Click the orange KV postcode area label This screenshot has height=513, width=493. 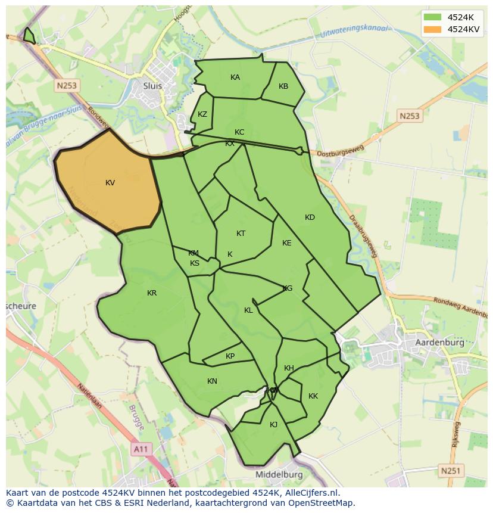110,183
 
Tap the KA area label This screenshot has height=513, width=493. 235,77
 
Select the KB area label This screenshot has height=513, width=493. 283,86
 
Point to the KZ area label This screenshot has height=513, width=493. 202,114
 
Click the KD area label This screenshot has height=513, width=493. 310,217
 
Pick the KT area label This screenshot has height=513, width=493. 241,234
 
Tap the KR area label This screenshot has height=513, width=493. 152,293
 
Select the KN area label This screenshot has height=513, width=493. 212,381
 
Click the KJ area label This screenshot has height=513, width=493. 273,425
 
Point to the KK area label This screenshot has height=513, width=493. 313,396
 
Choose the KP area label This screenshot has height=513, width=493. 230,356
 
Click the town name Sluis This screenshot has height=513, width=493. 152,86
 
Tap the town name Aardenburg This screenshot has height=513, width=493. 439,344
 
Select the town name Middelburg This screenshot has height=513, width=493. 279,475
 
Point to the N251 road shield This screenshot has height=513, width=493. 450,471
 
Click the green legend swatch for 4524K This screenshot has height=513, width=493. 432,17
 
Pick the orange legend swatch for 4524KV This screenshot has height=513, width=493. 432,29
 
